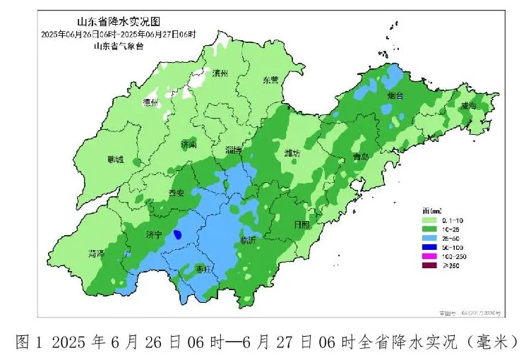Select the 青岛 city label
pyautogui.click(x=361, y=157)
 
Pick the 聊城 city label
pyautogui.click(x=115, y=160)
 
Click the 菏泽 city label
pyautogui.click(x=96, y=253)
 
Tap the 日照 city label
pyautogui.click(x=301, y=224)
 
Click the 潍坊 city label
pyautogui.click(x=292, y=153)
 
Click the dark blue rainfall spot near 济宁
pyautogui.click(x=177, y=234)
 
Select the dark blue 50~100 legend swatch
pyautogui.click(x=429, y=248)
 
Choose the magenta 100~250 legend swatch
pyautogui.click(x=429, y=256)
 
